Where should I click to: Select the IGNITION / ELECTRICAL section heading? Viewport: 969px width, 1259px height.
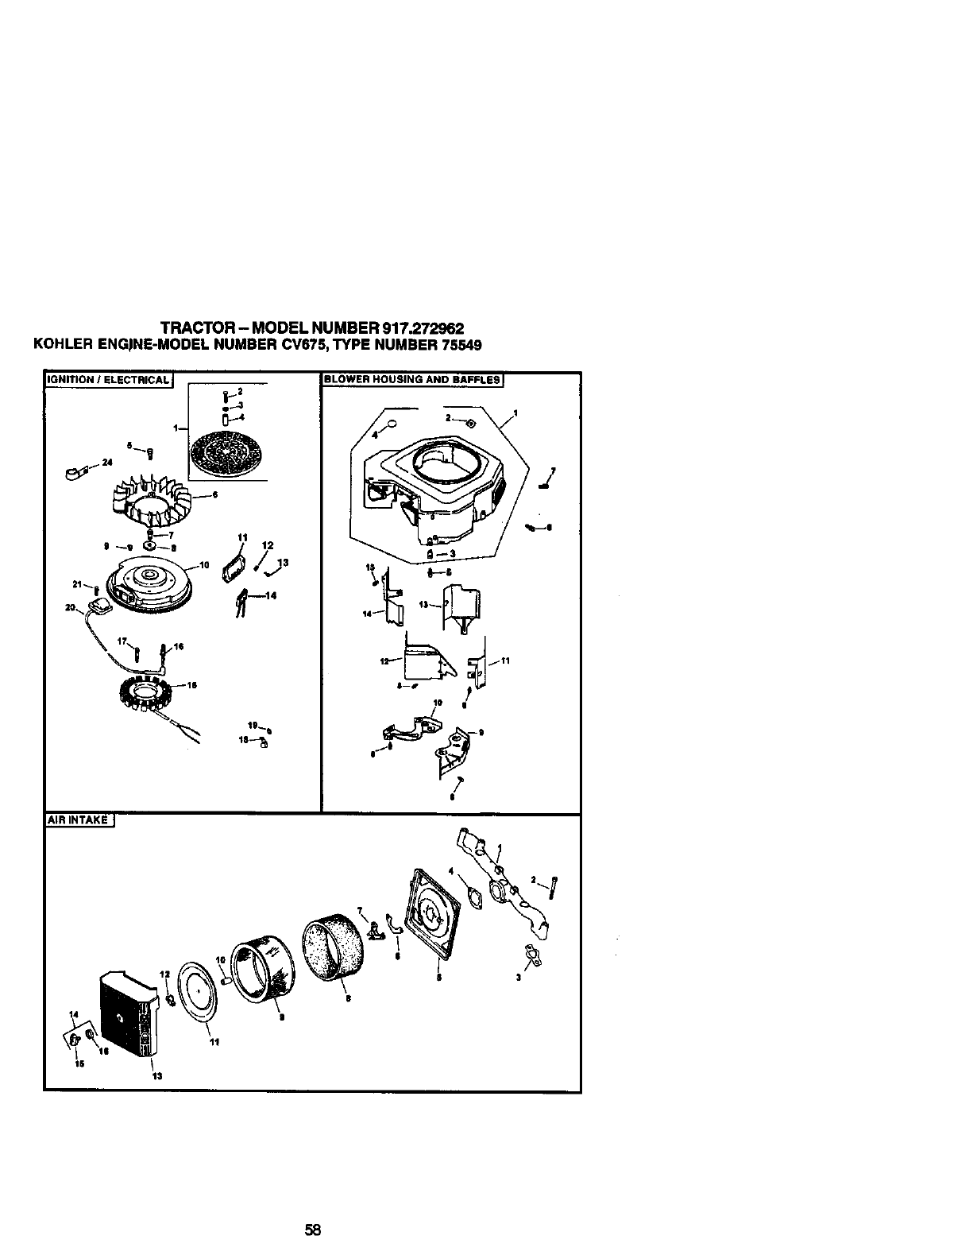[x=108, y=379]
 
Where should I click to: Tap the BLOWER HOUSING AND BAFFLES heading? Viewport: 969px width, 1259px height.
[x=412, y=379]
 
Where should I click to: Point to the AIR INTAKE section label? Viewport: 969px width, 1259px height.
[x=79, y=821]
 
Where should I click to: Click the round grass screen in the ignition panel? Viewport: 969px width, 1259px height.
[x=226, y=455]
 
